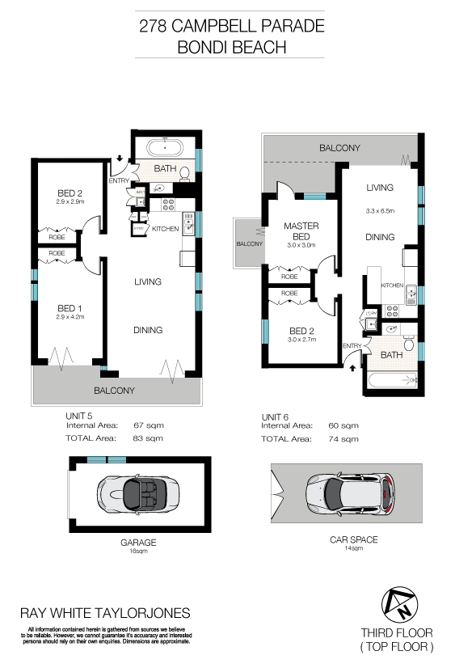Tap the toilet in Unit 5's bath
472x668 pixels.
pos(185,173)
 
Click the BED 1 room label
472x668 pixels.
pos(66,309)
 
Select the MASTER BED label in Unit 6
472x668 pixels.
pos(301,231)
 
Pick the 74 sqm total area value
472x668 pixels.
pos(344,439)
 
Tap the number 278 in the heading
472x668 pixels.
pos(155,26)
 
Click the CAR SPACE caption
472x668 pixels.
pos(353,539)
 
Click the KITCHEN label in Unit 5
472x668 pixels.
pos(165,230)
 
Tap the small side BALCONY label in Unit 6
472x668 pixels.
pos(249,243)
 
